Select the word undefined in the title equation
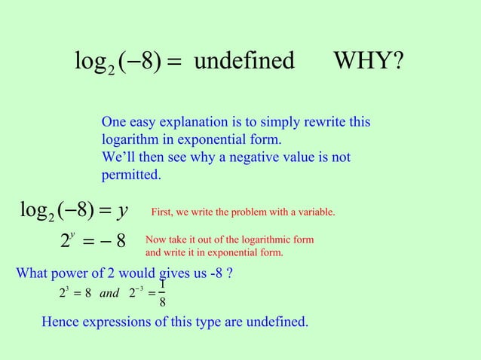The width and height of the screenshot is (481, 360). pyautogui.click(x=244, y=61)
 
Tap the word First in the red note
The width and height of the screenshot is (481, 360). pyautogui.click(x=164, y=213)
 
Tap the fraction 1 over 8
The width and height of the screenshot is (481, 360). pyautogui.click(x=163, y=294)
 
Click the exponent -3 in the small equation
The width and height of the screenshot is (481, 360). pyautogui.click(x=140, y=288)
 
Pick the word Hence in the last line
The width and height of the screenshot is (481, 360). pyautogui.click(x=60, y=322)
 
